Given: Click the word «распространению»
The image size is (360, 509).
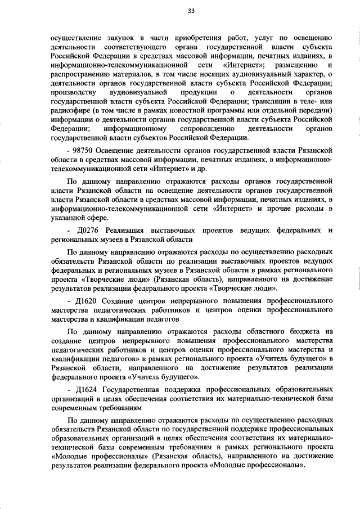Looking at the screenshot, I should click(x=82, y=74).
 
